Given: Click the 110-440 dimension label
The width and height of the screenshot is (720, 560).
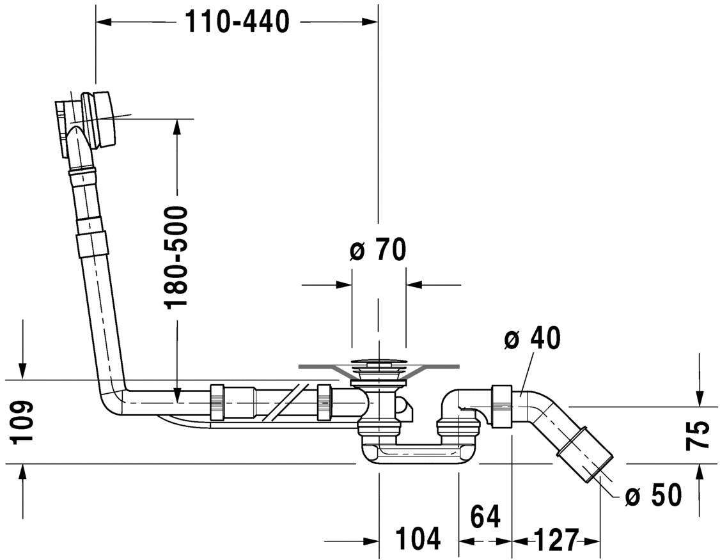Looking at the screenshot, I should tap(237, 22).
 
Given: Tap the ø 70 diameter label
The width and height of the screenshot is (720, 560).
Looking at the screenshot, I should tap(378, 250).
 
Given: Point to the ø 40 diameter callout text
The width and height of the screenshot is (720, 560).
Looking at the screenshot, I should tap(531, 339).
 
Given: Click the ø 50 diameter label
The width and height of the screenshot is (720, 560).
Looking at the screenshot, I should tap(652, 495).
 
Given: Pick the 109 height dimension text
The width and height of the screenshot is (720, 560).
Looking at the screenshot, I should tap(22, 422).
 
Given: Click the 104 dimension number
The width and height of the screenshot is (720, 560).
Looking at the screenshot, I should tap(418, 539).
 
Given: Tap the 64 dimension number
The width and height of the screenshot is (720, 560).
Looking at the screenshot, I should tap(485, 515).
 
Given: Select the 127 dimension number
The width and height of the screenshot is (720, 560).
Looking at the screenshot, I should tap(556, 540).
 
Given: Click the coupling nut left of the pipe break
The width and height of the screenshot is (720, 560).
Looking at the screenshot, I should tap(217, 403).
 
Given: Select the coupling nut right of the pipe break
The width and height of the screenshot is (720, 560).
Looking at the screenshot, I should tap(325, 403).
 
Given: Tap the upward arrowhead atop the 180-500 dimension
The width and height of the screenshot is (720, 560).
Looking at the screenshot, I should tap(177, 127).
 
